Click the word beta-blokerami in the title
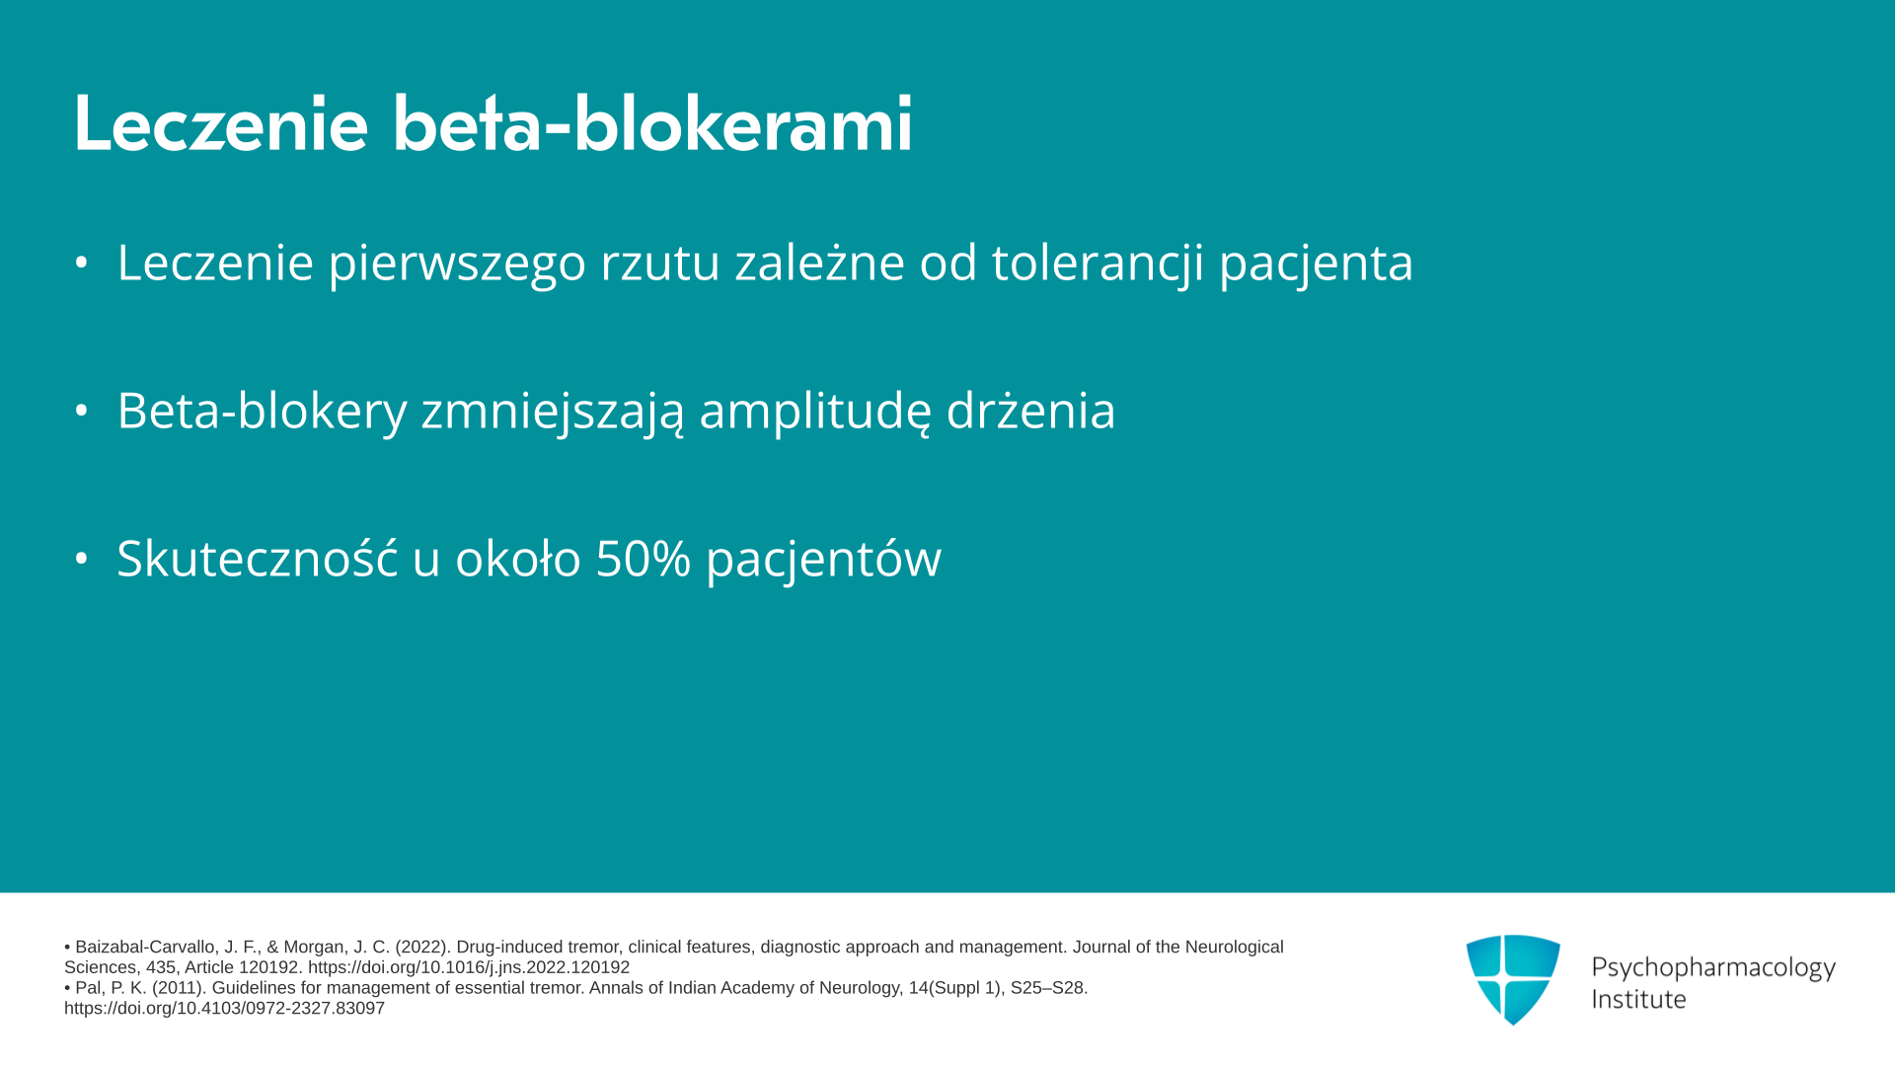[652, 123]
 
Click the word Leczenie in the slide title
[221, 123]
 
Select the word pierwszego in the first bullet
[457, 264]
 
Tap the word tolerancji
[1098, 264]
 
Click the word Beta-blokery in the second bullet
[262, 411]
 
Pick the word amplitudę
[814, 411]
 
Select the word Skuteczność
[258, 558]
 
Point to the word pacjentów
[823, 560]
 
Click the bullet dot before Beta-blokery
[82, 411]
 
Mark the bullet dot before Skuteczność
[82, 559]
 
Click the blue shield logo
[1513, 979]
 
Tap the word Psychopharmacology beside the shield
[1713, 968]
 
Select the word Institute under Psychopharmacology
[1638, 1000]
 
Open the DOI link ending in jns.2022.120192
[469, 968]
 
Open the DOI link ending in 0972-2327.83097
[224, 1009]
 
